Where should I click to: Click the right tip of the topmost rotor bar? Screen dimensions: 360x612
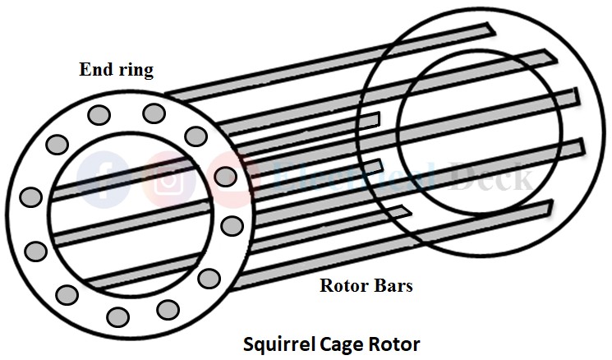click(490, 30)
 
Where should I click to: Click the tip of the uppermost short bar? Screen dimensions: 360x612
click(376, 118)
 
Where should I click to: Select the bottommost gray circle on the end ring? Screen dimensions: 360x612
click(117, 316)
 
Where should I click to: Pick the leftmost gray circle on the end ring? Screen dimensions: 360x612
click(30, 197)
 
